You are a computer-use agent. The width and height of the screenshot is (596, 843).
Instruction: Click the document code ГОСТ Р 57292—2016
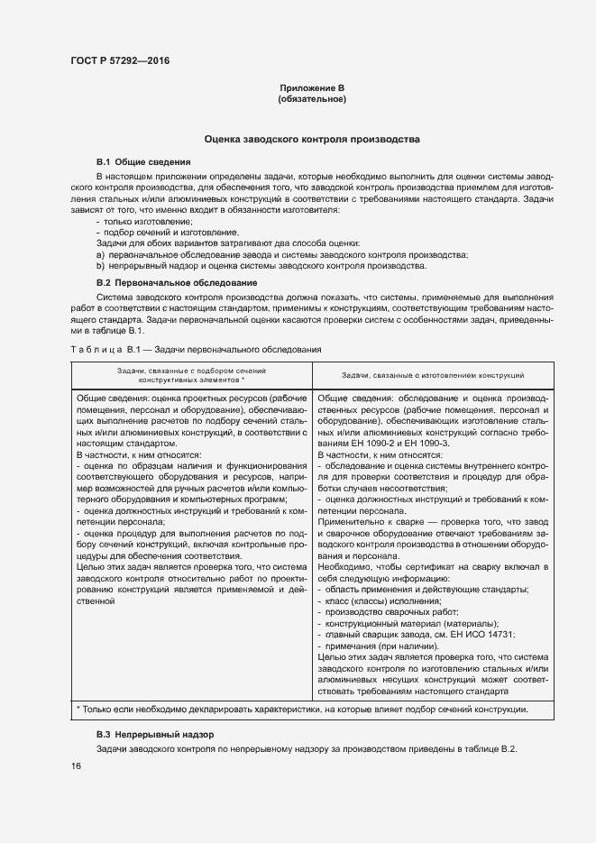click(x=120, y=60)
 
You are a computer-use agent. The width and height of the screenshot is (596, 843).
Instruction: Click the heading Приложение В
click(x=312, y=87)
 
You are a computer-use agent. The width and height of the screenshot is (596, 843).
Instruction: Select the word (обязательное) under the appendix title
click(x=312, y=99)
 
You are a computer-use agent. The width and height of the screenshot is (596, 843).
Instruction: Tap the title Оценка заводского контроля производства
click(x=312, y=142)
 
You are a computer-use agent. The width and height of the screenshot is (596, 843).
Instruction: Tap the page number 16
click(x=76, y=766)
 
